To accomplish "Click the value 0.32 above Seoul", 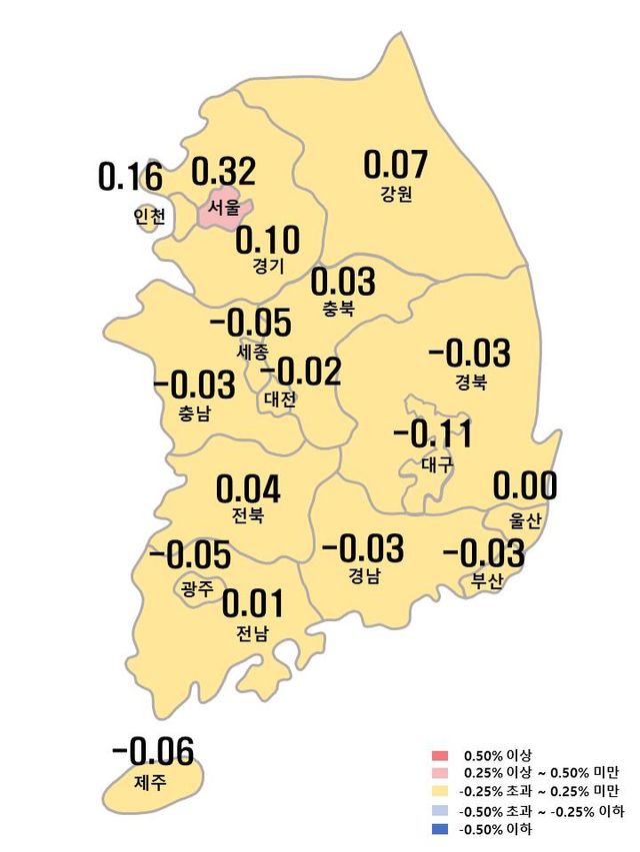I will (223, 172).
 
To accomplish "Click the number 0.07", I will (395, 163).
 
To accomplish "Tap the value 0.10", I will (267, 240).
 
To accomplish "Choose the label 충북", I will (338, 309).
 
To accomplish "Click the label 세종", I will (252, 352).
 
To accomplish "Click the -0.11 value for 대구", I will (433, 435).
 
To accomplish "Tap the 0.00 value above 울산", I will (525, 486).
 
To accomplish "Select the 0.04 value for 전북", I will (248, 489).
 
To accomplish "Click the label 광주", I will (197, 588).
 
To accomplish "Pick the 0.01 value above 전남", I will (252, 604).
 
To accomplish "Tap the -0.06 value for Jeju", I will (153, 751).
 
